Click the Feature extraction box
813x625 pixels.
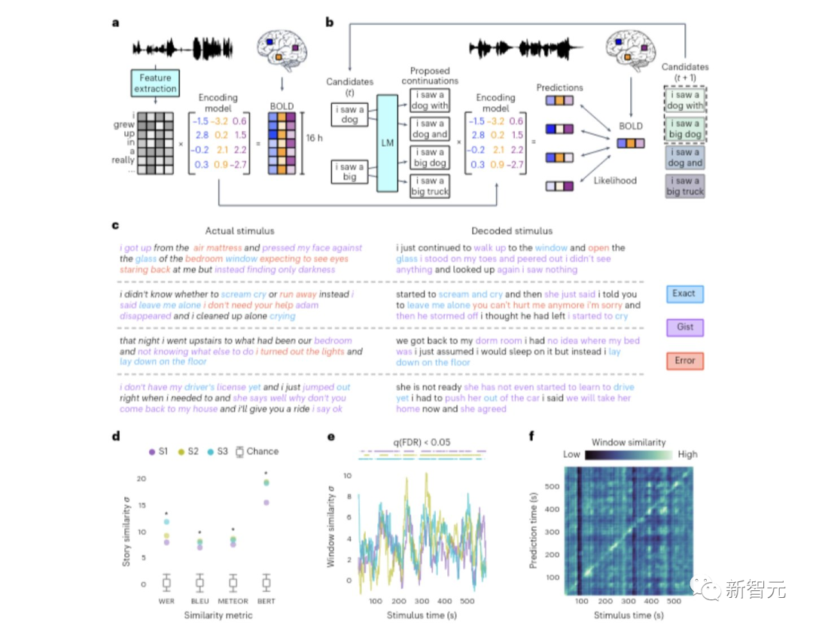(155, 83)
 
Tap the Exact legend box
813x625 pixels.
(684, 293)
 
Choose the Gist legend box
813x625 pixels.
(684, 327)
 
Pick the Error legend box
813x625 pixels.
(684, 361)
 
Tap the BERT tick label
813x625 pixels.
(266, 601)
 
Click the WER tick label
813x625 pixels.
(166, 601)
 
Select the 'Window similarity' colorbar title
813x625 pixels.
(629, 442)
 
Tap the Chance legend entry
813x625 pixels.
(255, 451)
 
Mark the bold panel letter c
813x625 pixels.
(114, 225)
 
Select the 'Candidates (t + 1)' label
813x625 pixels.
(685, 72)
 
